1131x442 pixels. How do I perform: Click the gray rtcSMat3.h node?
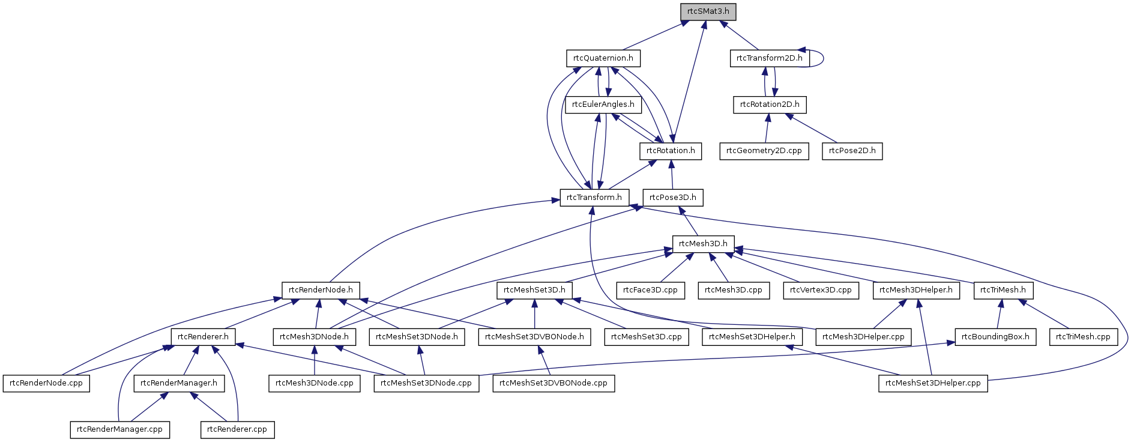tap(708, 11)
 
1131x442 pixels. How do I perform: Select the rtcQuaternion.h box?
tap(603, 58)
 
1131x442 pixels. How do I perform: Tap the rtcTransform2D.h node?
tap(769, 58)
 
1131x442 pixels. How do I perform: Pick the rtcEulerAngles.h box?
tap(603, 104)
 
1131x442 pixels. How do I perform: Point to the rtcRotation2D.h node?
tap(770, 104)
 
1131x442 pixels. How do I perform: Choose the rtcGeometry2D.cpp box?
tap(764, 151)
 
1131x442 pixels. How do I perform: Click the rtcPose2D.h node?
tap(852, 151)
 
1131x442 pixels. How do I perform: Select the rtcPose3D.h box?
tap(672, 198)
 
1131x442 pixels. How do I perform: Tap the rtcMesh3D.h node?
tap(703, 244)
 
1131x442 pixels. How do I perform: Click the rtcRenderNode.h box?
tap(321, 290)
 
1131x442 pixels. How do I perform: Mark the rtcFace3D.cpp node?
tap(650, 290)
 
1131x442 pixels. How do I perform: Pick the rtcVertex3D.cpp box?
tap(821, 290)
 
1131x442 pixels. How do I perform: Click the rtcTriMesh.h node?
tap(1003, 290)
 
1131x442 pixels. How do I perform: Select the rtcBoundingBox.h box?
tap(995, 337)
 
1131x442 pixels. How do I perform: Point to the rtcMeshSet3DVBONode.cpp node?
tap(553, 383)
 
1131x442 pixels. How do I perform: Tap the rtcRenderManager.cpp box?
tap(119, 429)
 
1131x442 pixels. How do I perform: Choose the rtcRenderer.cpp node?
tap(237, 429)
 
